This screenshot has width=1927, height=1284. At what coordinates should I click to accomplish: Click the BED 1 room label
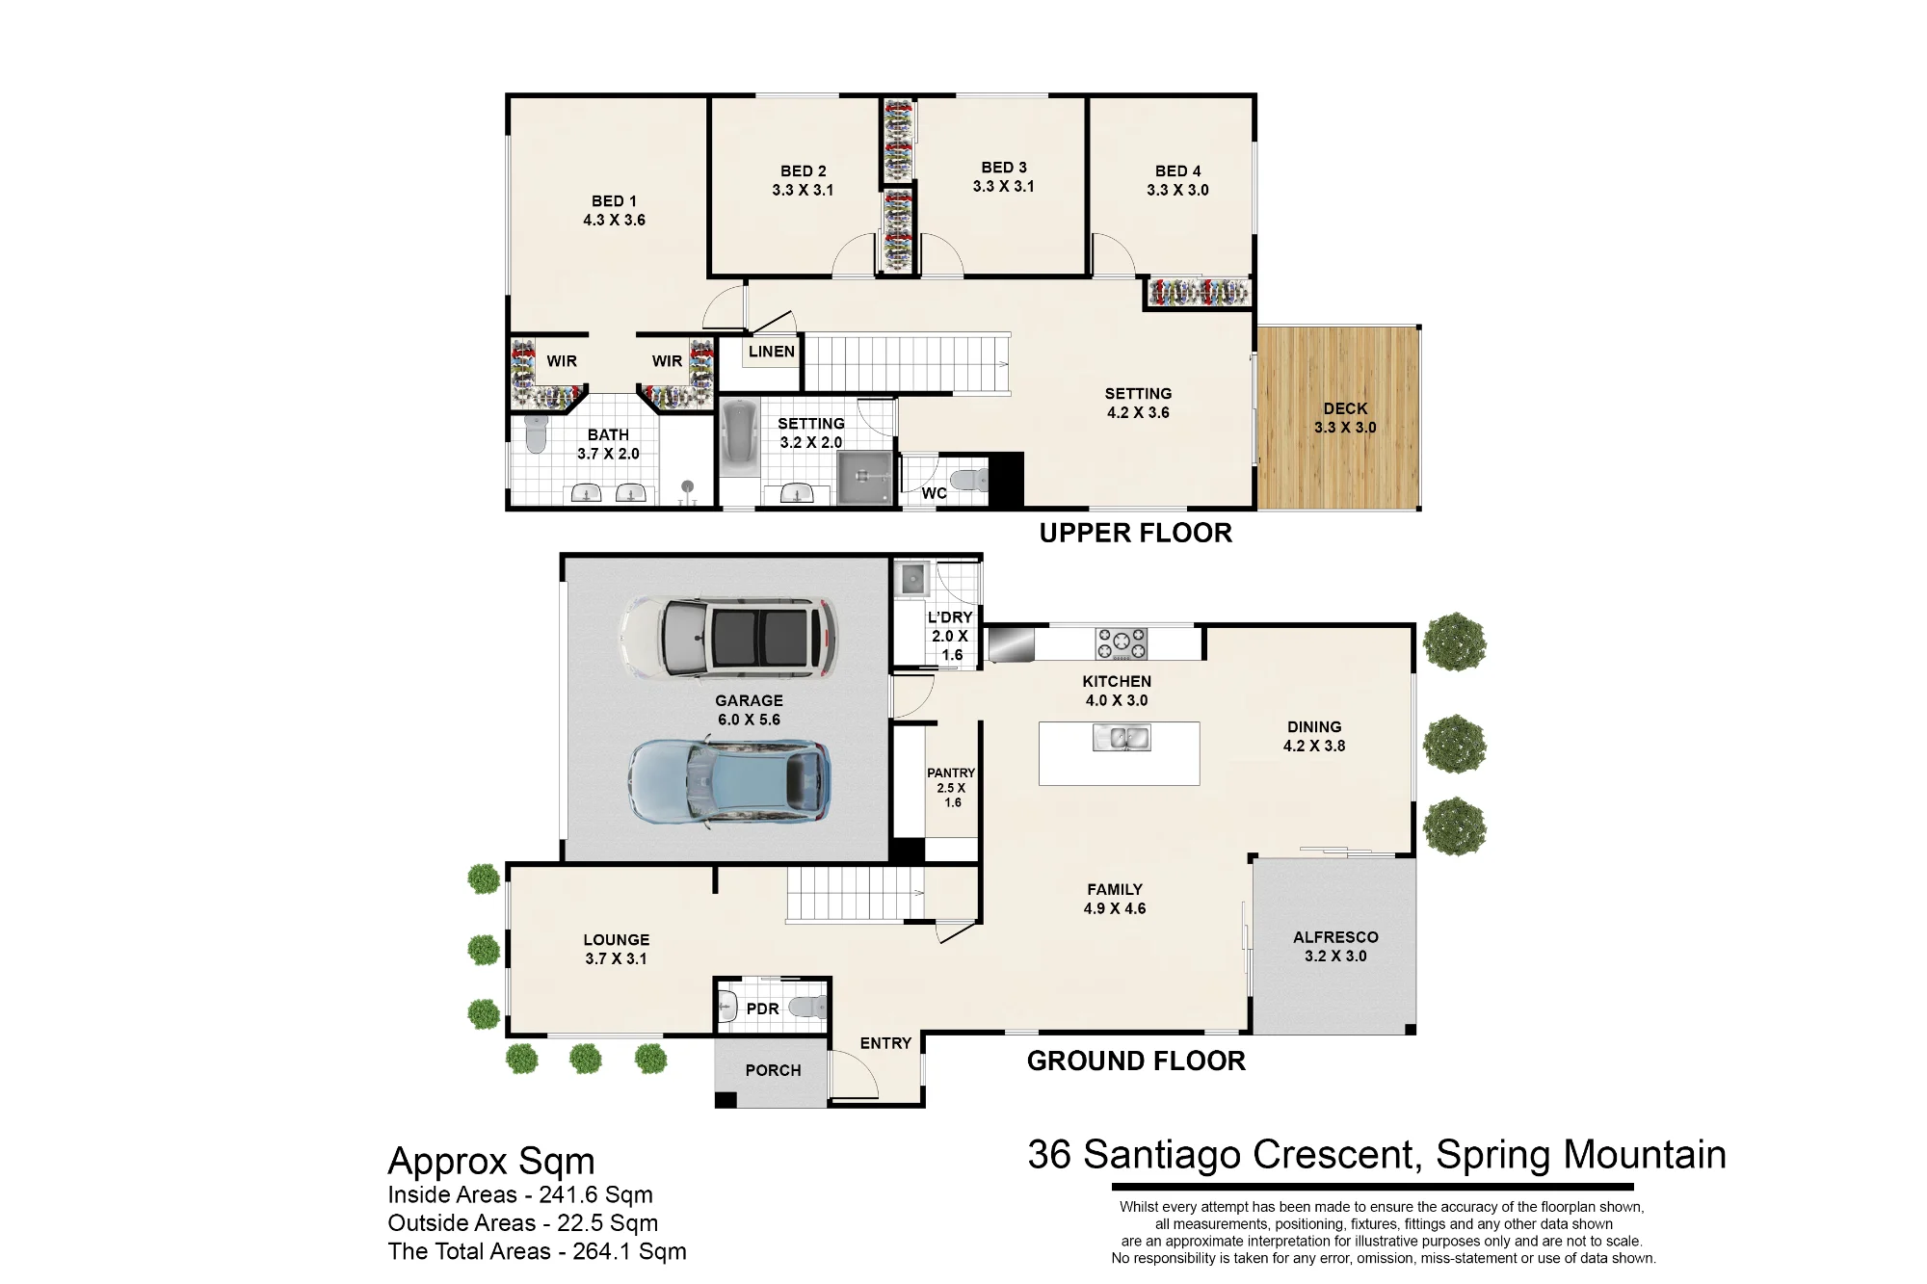(x=614, y=201)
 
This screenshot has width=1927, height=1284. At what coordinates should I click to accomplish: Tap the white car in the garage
(x=727, y=637)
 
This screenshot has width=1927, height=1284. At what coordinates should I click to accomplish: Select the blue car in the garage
(x=729, y=781)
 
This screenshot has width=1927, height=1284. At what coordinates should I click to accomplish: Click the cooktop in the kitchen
(x=1122, y=643)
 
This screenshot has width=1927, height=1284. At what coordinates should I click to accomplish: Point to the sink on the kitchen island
(x=1122, y=738)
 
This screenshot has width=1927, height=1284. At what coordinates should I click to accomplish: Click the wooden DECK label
(x=1345, y=408)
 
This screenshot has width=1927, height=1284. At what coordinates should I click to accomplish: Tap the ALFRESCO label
(x=1335, y=937)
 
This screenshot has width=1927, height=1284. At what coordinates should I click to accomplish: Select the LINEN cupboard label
(x=772, y=352)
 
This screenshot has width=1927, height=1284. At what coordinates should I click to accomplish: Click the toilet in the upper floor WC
(x=968, y=479)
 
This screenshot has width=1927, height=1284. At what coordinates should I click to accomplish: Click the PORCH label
(x=773, y=1070)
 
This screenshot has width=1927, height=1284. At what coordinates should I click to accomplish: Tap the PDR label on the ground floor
(x=762, y=1009)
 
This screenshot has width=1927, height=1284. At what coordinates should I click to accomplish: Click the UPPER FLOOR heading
(x=1135, y=533)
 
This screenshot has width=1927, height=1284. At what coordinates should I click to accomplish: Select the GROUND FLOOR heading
(x=1136, y=1061)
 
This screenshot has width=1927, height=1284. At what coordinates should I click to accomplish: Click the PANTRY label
(x=951, y=773)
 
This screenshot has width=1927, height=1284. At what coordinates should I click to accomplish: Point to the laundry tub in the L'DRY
(x=911, y=579)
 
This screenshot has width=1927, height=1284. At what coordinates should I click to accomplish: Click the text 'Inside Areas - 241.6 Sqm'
(x=520, y=1194)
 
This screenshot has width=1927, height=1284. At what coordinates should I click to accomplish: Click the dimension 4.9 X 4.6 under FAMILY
(x=1115, y=908)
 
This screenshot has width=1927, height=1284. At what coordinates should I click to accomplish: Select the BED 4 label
(x=1177, y=171)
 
